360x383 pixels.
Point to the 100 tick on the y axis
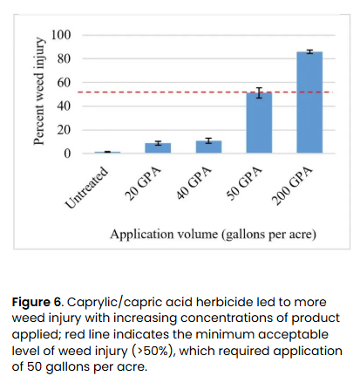point(61,35)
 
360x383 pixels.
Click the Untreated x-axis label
point(87,186)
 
